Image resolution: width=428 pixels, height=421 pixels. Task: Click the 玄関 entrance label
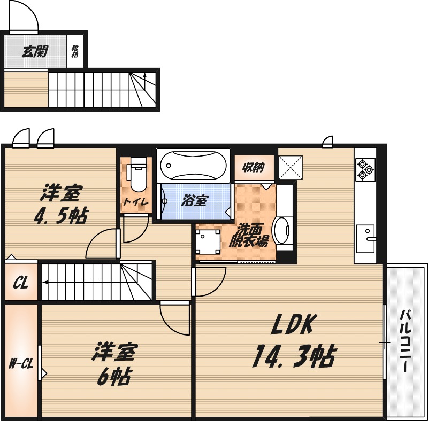35,51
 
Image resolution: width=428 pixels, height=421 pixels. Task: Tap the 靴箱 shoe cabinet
75,51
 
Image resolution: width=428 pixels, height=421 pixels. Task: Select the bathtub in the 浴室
193,166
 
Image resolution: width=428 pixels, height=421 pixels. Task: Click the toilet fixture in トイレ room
137,176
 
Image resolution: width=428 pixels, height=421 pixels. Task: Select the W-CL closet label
21,365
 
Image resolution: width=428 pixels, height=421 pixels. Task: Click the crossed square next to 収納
291,168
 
